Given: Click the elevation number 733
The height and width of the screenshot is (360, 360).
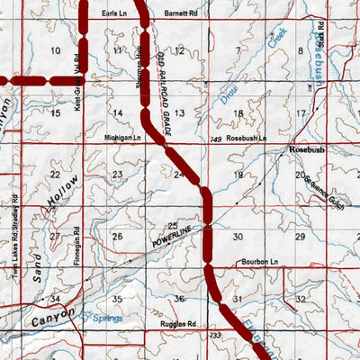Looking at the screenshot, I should tap(214, 335).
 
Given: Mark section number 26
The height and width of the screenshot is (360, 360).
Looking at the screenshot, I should tap(117, 237).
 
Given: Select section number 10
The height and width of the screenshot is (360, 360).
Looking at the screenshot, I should tap(56, 50).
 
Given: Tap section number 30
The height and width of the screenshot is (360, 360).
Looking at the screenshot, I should tap(238, 237).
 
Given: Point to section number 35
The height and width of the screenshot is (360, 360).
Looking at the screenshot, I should tap(117, 298).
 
